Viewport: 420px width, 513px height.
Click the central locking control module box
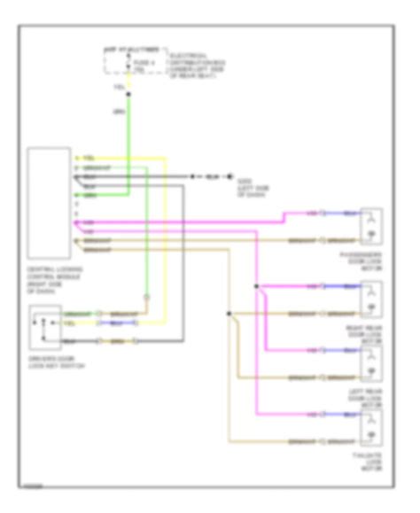tap(50, 201)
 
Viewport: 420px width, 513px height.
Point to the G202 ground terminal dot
tap(229, 177)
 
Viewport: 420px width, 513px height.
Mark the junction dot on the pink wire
tap(257, 287)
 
